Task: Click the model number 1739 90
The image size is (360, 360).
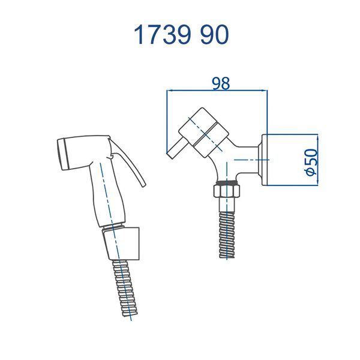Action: click(x=181, y=35)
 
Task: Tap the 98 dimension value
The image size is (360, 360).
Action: click(x=221, y=83)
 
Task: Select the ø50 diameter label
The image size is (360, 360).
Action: click(x=311, y=162)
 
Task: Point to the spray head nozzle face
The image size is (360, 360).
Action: click(x=62, y=154)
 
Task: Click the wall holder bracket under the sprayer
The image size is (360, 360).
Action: click(x=121, y=244)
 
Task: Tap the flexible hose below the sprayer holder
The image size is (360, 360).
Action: click(x=125, y=289)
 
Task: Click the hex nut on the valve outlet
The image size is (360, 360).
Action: click(x=227, y=190)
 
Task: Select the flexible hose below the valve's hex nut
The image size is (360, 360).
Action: click(x=227, y=235)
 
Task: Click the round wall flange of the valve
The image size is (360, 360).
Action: click(x=265, y=160)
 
